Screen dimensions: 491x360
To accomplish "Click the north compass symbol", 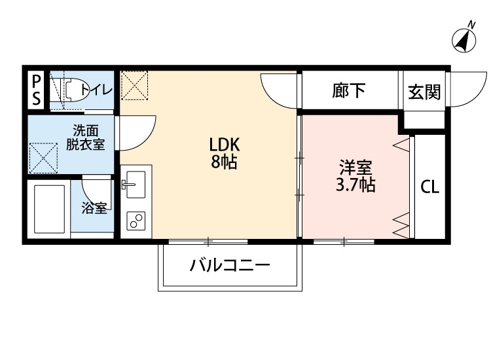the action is point(464,39).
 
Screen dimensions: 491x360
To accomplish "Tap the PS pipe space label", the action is point(37,91).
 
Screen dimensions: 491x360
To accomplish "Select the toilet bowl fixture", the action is point(75,90).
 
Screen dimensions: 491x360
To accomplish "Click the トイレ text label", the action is point(96,90).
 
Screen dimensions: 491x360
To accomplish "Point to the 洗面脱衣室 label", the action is point(85,137).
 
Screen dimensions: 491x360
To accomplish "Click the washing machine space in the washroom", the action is point(43,158).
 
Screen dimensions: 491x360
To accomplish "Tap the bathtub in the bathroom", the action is point(50,209).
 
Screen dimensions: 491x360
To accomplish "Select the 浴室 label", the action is point(94,208).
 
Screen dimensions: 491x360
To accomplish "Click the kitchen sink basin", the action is point(136,185).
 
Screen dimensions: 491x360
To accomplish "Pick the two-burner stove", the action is point(136,221).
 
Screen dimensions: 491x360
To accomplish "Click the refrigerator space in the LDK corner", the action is point(134,86).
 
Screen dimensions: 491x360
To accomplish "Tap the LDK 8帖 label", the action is point(224,153).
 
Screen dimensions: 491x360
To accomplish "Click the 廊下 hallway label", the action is point(348,91).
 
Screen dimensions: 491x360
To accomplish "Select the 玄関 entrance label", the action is point(424,92).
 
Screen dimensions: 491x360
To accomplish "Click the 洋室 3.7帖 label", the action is point(356,175).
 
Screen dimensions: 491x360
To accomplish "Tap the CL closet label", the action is point(429,187).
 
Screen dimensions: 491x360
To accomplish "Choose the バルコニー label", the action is point(230,266).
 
